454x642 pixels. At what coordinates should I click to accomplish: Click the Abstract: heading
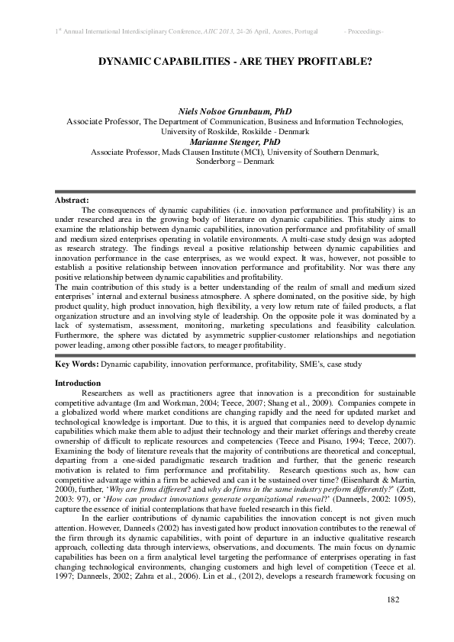coord(72,200)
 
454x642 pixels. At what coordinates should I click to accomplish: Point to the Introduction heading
coord(78,382)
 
